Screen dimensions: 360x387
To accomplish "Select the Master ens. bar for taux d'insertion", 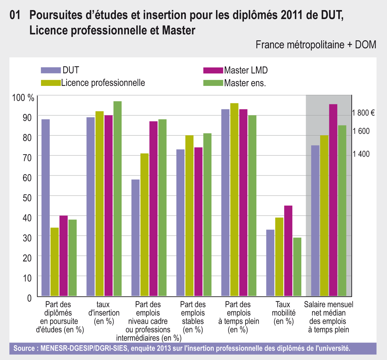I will (117, 198).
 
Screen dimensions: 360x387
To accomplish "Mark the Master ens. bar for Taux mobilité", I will (297, 267).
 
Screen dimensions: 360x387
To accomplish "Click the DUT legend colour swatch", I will (51, 70).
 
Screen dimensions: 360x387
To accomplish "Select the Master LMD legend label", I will (246, 70).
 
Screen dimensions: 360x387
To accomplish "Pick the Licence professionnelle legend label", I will (103, 83).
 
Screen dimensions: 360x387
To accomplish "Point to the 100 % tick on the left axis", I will (23, 98).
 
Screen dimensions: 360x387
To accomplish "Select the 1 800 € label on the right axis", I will (363, 113).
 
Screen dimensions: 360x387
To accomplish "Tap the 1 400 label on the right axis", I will (361, 154).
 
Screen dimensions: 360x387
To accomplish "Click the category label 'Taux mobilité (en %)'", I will (284, 313).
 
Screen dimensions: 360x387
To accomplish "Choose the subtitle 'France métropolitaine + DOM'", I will (316, 45).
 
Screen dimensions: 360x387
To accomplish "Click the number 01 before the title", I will (16, 15).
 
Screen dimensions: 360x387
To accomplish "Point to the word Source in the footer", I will (24, 348).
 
